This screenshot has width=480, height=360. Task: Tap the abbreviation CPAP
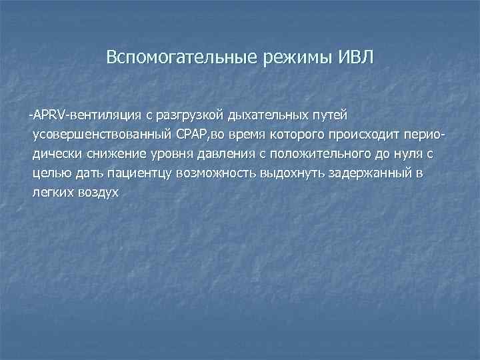tap(193, 137)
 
